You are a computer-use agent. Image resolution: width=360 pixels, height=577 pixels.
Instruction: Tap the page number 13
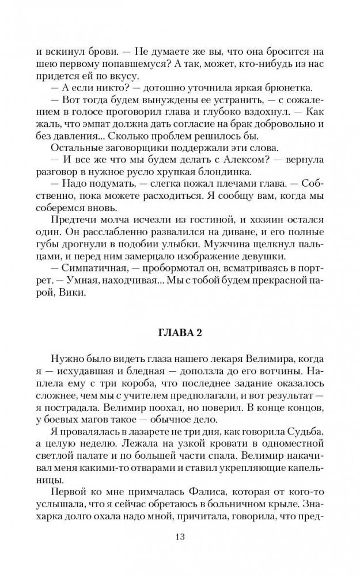pyautogui.click(x=180, y=537)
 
